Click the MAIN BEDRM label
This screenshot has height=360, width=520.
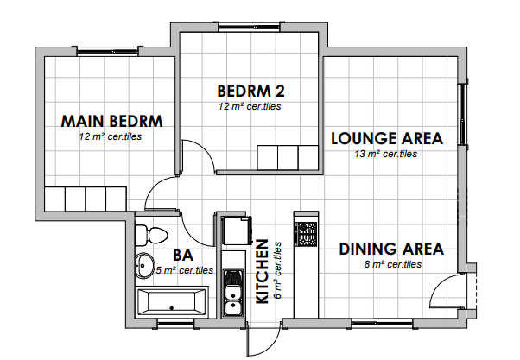111,122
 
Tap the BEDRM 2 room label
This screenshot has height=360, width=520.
250,92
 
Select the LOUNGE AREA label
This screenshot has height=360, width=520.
387,138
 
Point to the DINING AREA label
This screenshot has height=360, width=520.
391,249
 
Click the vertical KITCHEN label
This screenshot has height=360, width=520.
263,272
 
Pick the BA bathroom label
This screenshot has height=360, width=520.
183,256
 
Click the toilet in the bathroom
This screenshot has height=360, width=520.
151,235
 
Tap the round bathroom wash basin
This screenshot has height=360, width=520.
144,265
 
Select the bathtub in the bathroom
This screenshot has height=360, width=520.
172,302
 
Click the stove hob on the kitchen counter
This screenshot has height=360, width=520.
306,234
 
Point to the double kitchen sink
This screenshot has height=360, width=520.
233,293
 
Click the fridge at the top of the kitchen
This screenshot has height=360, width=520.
236,231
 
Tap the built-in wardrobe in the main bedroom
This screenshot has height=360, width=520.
86,199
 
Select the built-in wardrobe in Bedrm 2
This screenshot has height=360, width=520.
288,158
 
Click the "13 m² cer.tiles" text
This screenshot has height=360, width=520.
386,154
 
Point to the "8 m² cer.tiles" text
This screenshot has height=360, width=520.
393,264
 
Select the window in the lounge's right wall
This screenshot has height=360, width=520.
463,114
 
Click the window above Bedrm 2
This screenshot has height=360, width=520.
249,27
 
